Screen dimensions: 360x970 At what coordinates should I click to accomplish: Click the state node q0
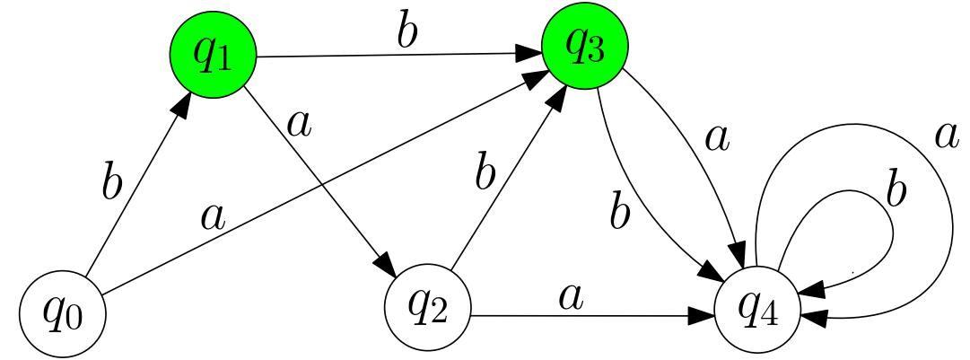62,315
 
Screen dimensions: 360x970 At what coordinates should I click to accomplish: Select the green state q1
213,56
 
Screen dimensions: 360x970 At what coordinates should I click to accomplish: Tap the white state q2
428,309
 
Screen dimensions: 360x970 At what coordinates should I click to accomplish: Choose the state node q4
756,310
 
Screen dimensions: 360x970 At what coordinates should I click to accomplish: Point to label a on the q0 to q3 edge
212,216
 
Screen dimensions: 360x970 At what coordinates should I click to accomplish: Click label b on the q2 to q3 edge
485,172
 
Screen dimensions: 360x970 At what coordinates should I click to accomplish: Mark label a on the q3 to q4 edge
715,139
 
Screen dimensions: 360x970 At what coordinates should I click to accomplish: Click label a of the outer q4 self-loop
945,135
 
